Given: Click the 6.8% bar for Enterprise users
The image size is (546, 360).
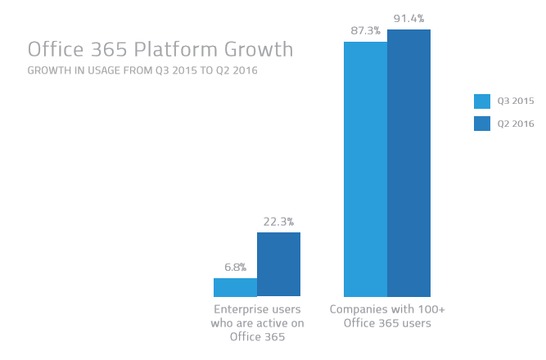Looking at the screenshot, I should point(235,287).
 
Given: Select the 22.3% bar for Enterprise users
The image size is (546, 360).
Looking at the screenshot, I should point(278,264).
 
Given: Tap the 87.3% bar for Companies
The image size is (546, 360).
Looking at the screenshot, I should point(365,169).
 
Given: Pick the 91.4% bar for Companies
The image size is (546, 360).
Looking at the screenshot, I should point(408,163).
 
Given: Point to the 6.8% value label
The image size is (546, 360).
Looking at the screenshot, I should point(235,267).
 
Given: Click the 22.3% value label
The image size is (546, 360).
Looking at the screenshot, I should point(278,221).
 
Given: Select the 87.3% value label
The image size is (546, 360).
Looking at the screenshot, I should point(365,30).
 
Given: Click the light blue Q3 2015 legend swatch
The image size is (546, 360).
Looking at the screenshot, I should point(481,101).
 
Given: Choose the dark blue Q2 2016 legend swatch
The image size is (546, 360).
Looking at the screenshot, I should point(481,124).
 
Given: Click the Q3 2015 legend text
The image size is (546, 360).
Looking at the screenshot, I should point(516,101).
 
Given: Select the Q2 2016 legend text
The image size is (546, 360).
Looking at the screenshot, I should point(516,124).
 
